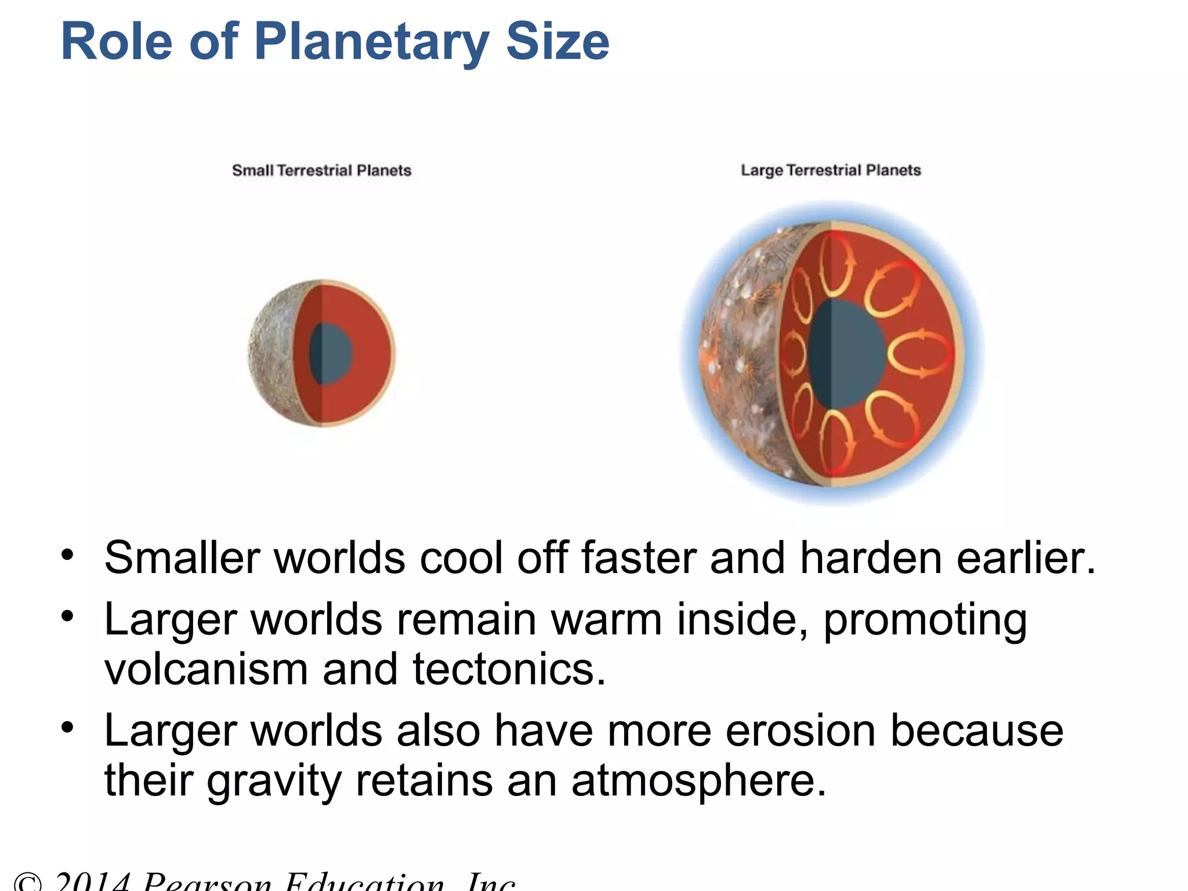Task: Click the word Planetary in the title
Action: pos(371,42)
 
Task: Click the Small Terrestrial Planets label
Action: pos(321,171)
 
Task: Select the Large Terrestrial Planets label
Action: pos(831,170)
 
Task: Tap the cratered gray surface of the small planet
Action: pos(270,354)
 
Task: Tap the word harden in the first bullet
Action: pos(870,558)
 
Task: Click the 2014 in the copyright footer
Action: pos(92,882)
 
